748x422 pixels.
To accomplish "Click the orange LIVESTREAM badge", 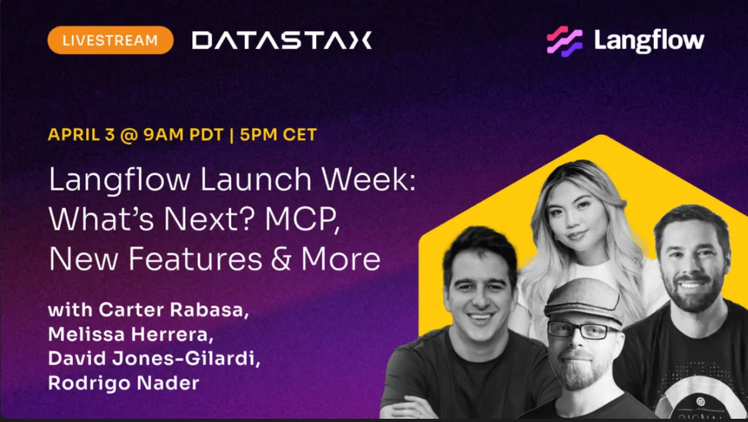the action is [110, 40].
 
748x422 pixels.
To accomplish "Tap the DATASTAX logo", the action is [282, 40].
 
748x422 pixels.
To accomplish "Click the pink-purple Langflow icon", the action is [564, 41].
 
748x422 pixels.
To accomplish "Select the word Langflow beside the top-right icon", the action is [649, 41].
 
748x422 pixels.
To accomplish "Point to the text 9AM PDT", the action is [183, 134].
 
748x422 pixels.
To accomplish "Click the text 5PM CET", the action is [278, 134].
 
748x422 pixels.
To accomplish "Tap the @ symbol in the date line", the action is [129, 135].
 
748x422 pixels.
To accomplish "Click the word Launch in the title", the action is [256, 179].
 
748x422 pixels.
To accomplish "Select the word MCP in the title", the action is [302, 220].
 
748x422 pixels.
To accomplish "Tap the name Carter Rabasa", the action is [174, 310].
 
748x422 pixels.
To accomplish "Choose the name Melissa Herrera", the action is [130, 334].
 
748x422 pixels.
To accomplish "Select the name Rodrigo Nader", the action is [123, 383].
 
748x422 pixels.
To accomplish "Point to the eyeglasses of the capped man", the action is [583, 331].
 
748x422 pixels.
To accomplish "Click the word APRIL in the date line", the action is [74, 134].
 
